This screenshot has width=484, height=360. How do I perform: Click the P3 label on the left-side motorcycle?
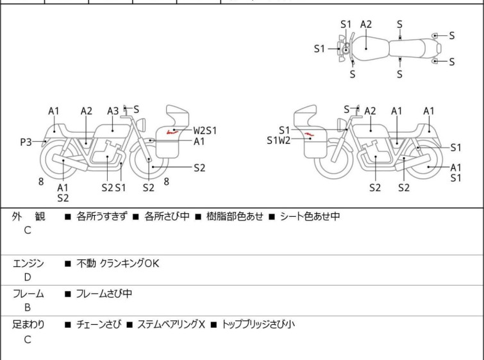click(x=26, y=142)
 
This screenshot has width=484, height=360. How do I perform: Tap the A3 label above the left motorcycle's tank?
click(x=113, y=111)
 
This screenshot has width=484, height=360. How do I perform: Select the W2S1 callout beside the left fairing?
click(x=205, y=131)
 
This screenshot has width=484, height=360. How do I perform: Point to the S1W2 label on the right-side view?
click(x=279, y=141)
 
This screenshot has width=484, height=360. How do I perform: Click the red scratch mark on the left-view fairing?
click(x=172, y=132)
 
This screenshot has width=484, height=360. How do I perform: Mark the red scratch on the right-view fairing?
click(x=309, y=134)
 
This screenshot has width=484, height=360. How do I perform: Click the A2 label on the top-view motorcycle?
click(x=366, y=24)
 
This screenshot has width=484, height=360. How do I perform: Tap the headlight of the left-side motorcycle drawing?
click(x=141, y=125)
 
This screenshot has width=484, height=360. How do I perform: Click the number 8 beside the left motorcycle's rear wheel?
click(x=41, y=182)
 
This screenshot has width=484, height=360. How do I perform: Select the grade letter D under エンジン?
click(x=28, y=277)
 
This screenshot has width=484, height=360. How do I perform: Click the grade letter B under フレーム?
click(x=28, y=308)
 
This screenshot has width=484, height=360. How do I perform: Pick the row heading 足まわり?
click(x=28, y=325)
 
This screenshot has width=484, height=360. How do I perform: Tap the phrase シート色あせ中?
click(x=310, y=216)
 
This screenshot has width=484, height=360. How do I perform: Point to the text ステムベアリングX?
click(x=171, y=325)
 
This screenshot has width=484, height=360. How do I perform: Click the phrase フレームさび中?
click(x=104, y=293)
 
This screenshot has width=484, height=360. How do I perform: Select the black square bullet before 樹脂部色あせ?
click(x=198, y=217)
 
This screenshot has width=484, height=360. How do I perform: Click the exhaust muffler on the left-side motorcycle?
click(x=70, y=162)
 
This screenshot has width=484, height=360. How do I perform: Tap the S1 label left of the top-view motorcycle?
click(x=319, y=49)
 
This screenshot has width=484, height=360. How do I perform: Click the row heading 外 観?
click(x=28, y=216)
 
